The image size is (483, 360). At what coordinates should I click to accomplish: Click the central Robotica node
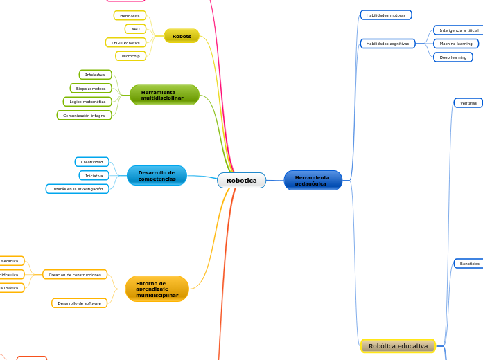241,181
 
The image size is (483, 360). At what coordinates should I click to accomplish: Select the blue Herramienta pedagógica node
313,181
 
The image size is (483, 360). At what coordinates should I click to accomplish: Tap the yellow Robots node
182,36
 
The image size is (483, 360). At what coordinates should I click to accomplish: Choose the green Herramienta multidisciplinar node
164,95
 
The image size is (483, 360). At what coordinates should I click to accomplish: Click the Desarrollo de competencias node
157,176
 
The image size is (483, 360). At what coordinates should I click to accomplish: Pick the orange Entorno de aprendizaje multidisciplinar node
157,289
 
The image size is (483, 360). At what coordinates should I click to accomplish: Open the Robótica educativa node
398,345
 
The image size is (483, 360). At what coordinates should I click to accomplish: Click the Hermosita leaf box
130,15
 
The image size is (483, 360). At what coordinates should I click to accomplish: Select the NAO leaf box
135,29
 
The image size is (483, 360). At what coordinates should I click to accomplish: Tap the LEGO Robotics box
126,43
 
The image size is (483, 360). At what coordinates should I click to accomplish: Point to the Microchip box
131,56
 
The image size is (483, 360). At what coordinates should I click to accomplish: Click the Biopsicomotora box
91,89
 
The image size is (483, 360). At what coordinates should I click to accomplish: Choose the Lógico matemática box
87,102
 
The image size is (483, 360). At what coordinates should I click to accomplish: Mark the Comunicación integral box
84,116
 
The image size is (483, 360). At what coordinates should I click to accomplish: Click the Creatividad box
91,162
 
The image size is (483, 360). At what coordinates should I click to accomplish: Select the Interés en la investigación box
78,189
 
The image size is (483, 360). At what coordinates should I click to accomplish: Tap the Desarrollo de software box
80,303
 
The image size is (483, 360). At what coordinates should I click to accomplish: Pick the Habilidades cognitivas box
387,44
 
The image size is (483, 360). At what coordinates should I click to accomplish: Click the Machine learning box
455,44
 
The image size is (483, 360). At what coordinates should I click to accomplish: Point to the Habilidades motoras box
386,15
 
